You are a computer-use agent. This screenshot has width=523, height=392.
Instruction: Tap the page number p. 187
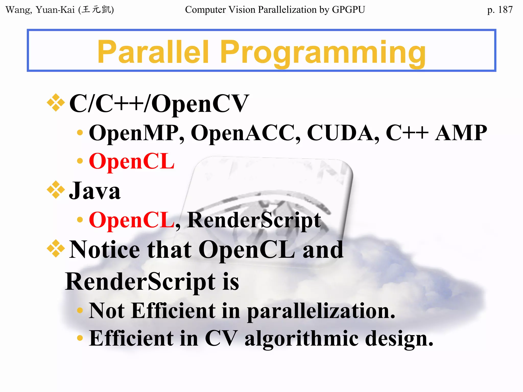tap(500, 10)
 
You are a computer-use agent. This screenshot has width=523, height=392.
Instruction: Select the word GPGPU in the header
tap(348, 10)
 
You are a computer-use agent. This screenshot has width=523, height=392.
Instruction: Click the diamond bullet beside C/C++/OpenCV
tap(56, 103)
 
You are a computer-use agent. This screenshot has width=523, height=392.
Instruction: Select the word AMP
tap(461, 133)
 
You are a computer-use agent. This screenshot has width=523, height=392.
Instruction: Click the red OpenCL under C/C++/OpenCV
tap(132, 161)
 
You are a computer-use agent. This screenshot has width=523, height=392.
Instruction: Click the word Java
tap(95, 191)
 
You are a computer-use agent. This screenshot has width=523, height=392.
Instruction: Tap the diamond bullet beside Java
tap(56, 190)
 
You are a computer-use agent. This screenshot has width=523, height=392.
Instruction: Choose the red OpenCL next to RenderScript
tap(132, 220)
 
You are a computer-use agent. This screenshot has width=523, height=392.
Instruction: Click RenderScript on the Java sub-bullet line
tap(254, 220)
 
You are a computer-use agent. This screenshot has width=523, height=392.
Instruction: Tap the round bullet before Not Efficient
tap(80, 310)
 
